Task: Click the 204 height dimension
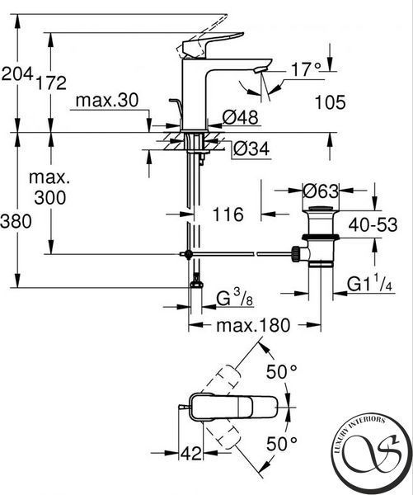[17, 74]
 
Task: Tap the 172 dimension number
[51, 82]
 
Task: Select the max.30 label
[107, 101]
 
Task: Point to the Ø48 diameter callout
[240, 117]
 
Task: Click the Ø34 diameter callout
[251, 148]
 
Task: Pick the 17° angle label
[306, 69]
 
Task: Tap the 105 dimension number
[330, 102]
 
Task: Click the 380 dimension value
[16, 221]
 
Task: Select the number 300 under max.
[50, 198]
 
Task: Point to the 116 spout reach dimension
[228, 214]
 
